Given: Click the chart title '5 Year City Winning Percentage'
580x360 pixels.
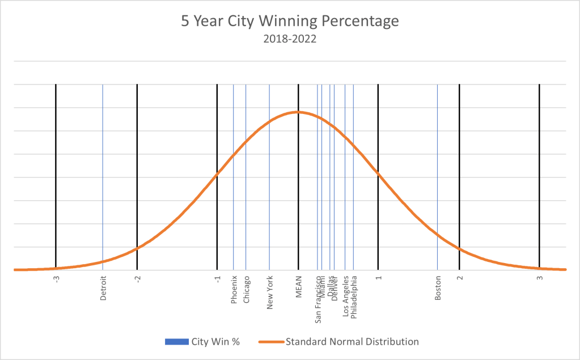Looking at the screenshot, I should (x=290, y=22).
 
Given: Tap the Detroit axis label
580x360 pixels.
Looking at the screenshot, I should (x=103, y=288).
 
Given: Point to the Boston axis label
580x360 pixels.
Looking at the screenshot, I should (x=438, y=288).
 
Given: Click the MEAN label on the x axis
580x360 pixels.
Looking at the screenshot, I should (x=298, y=287).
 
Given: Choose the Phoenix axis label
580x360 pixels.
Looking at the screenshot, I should (x=234, y=290).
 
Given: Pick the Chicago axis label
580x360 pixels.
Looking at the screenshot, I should (x=246, y=290).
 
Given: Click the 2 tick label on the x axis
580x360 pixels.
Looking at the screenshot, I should (x=460, y=278).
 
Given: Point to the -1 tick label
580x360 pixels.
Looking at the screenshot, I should (x=218, y=278).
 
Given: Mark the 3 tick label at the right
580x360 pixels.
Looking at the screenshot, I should (x=540, y=278).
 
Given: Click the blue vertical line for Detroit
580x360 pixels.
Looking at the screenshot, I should (x=103, y=170).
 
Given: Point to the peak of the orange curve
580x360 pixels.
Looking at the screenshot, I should (x=298, y=112).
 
